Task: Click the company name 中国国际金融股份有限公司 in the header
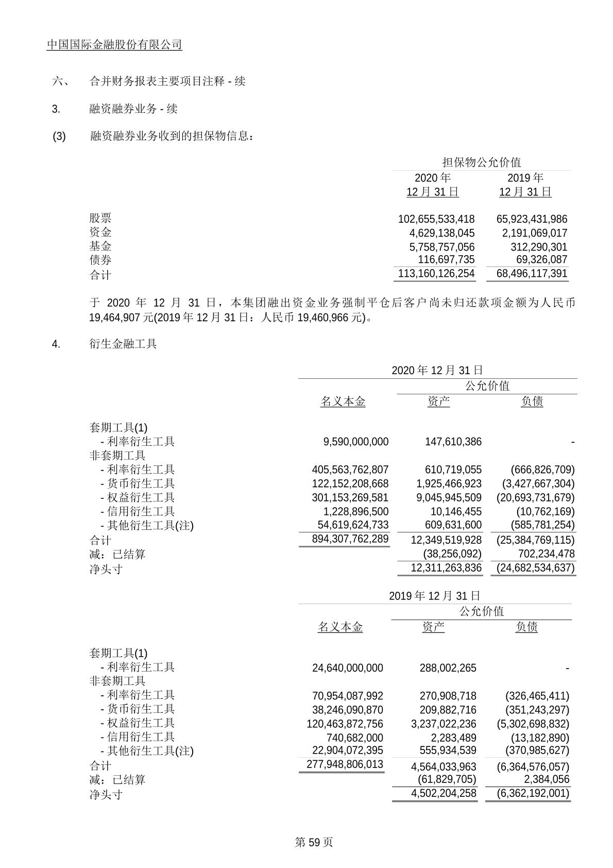coord(114,45)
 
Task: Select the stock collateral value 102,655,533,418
coord(436,219)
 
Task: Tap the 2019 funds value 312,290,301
coord(538,247)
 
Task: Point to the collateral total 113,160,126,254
coord(436,274)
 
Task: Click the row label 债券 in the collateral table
coord(100,260)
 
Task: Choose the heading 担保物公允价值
coord(482,163)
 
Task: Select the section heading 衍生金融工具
coord(123,344)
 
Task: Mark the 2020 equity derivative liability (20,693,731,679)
coord(535,498)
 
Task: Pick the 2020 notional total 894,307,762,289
coord(350,539)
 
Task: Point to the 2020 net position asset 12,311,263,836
coord(446,568)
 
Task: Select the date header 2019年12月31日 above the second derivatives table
coord(435,596)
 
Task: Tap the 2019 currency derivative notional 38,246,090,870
coord(348,710)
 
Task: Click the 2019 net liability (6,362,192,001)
coord(533,794)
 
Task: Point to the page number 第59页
coord(314,842)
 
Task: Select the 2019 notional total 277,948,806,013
coord(345,764)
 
